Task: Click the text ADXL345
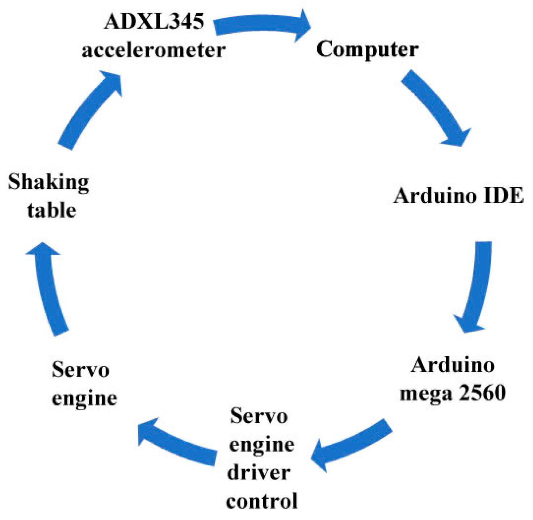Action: pos(154,21)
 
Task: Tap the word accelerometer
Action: pos(154,50)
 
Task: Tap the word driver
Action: pos(259,473)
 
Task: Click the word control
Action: pos(261,501)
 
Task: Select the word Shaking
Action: pos(49,182)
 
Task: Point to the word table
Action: pos(51,210)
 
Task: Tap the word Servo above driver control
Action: pos(259,416)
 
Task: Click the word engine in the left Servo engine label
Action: pos(84,399)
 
